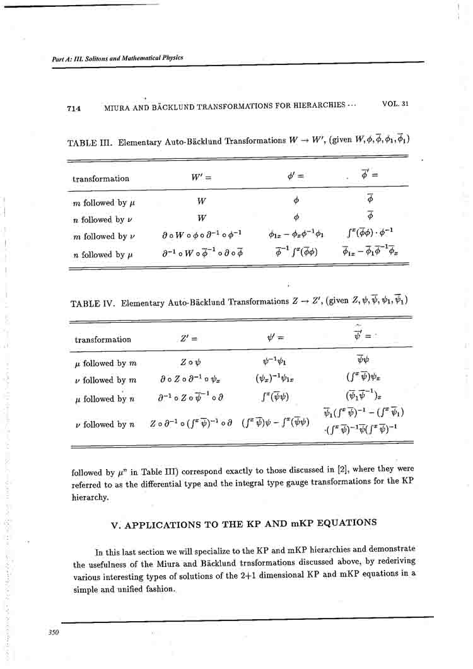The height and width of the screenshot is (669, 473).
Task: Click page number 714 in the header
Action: [74, 108]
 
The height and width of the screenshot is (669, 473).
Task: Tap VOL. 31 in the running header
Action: [395, 103]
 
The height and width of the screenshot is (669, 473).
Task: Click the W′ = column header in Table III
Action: [201, 178]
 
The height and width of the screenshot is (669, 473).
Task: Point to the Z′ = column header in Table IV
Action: [189, 339]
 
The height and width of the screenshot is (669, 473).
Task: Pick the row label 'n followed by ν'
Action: [98, 220]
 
